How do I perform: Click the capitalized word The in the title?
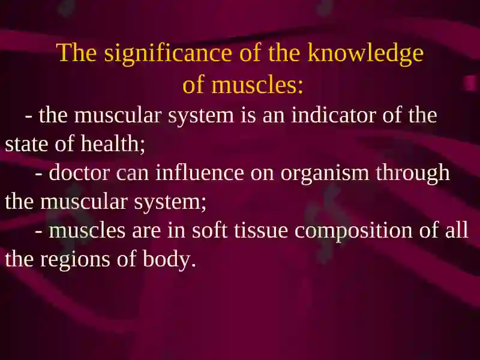click(x=77, y=52)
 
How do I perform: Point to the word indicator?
click(x=334, y=115)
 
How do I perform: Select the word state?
click(x=26, y=144)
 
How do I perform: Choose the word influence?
click(x=200, y=172)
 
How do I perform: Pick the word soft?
click(x=209, y=230)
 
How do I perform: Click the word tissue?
click(x=261, y=230)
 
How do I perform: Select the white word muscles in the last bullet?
click(x=87, y=230)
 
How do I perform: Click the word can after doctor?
click(x=132, y=173)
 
